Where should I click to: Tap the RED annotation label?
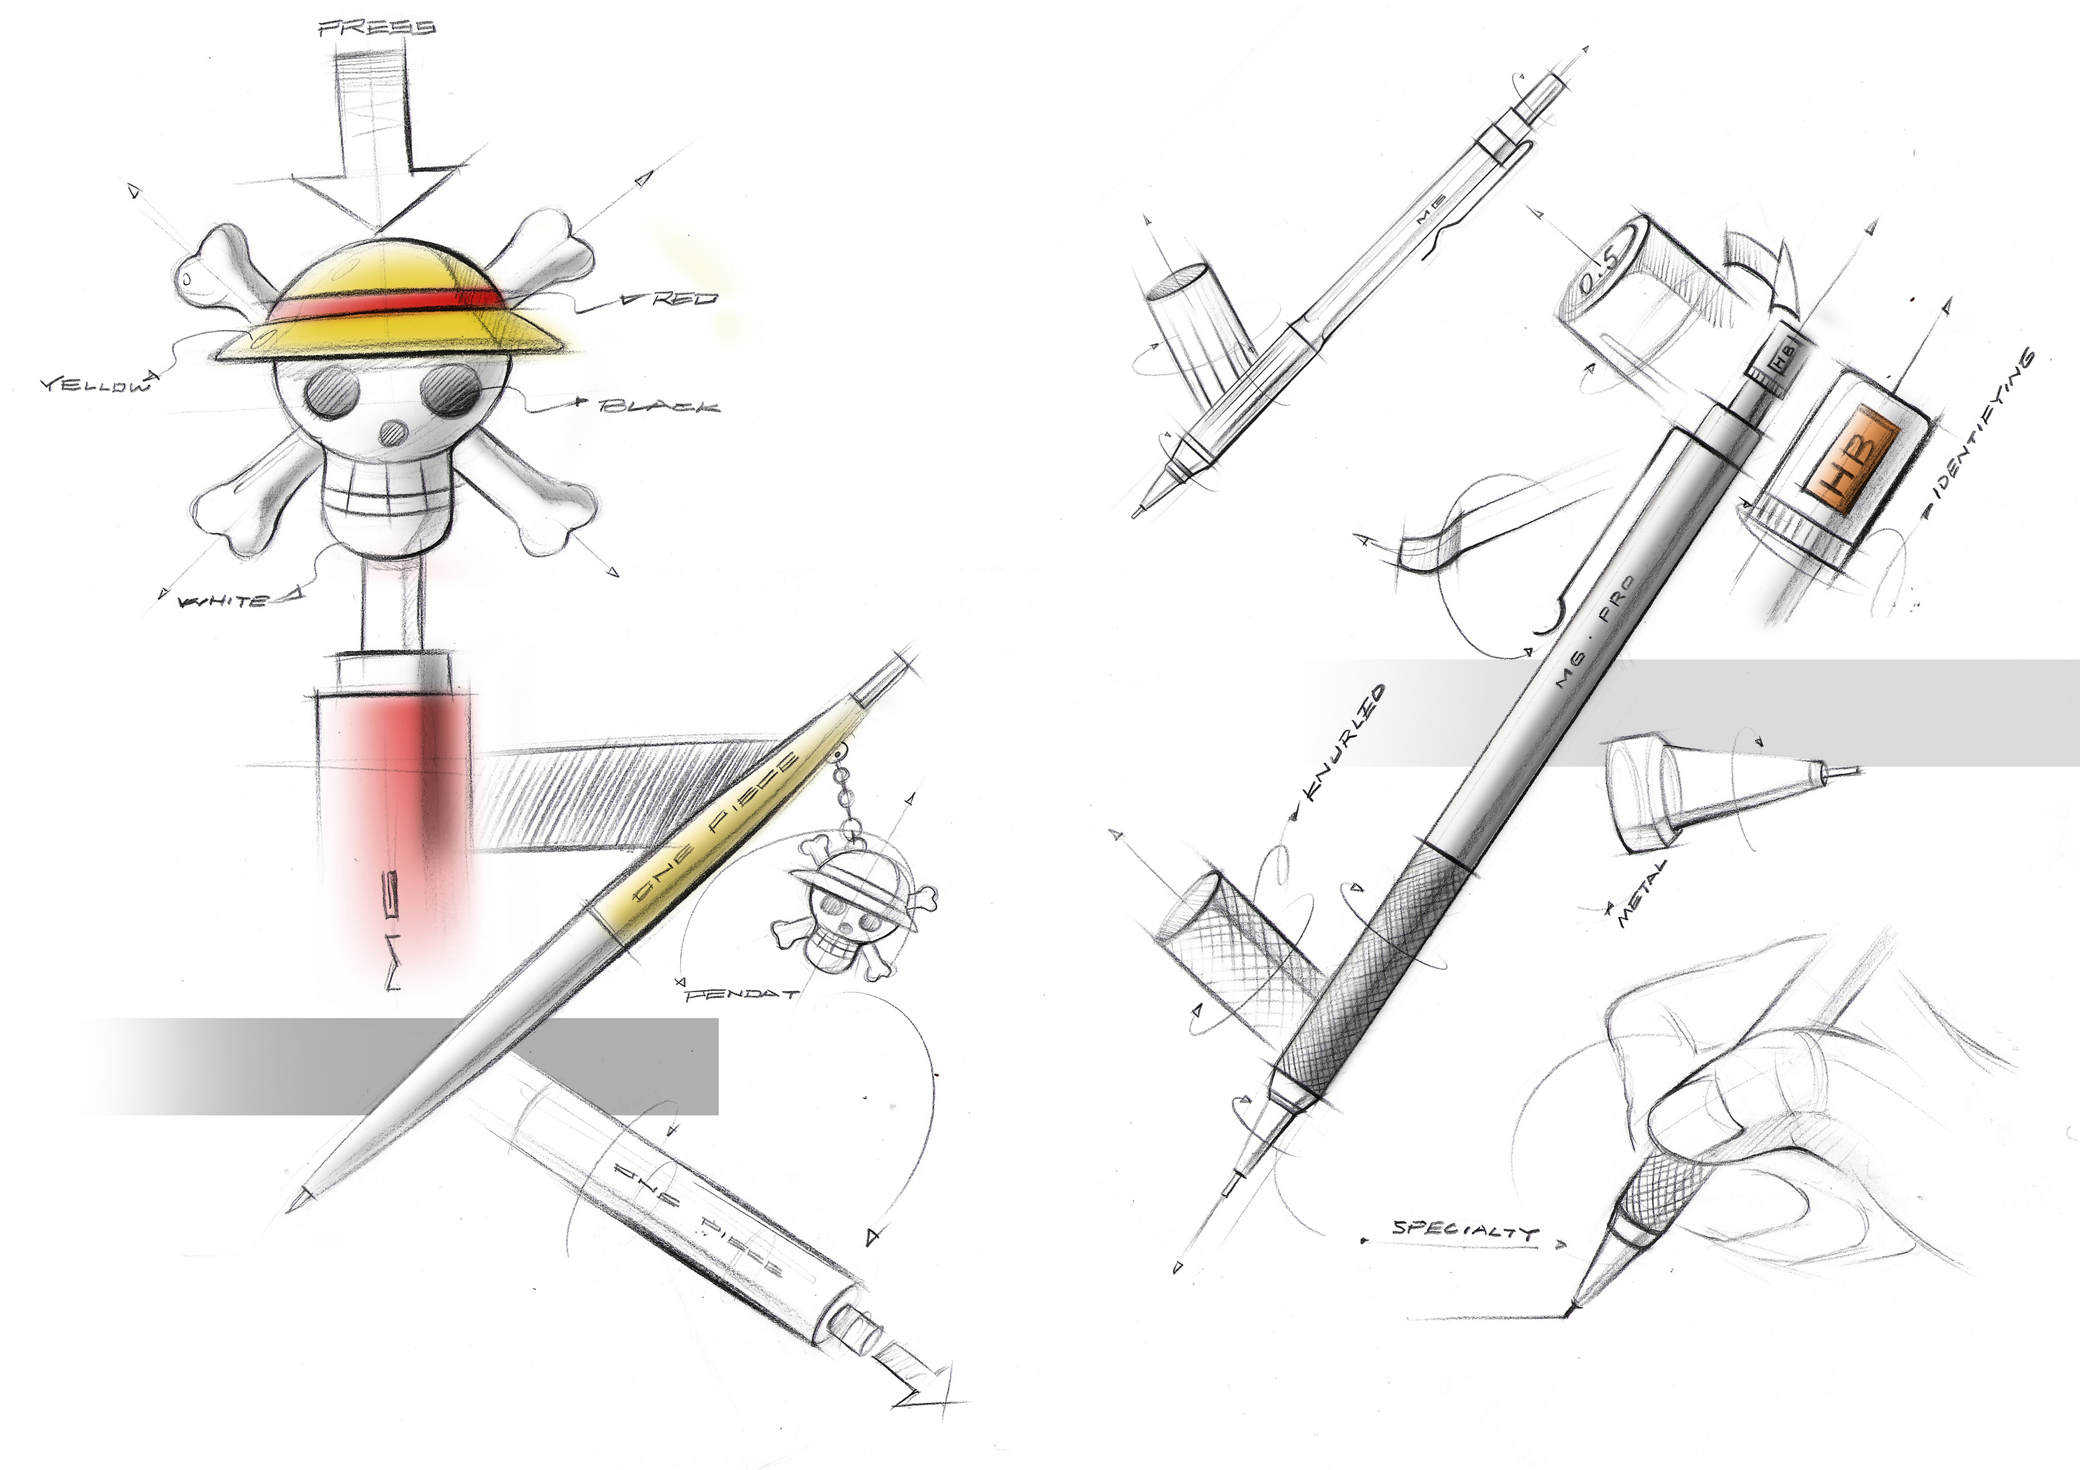pos(684,298)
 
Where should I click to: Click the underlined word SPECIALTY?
pos(1465,1229)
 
